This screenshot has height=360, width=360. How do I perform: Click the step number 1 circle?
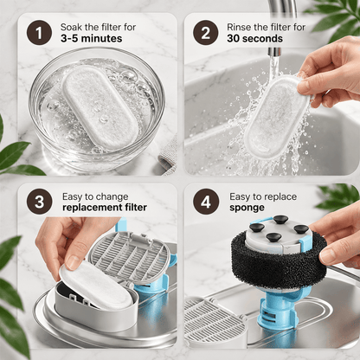[39, 32]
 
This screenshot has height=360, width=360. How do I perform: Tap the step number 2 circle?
[205, 32]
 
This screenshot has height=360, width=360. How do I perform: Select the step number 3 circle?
[39, 202]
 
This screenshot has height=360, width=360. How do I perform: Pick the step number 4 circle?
[205, 202]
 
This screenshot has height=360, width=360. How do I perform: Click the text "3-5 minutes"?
[91, 38]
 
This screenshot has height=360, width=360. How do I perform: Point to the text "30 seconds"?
[254, 38]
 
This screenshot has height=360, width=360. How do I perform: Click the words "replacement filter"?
[105, 208]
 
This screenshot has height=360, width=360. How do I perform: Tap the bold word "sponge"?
[247, 208]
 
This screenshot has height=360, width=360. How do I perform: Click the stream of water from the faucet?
[273, 64]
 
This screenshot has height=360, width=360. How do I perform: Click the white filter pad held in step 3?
[96, 285]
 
